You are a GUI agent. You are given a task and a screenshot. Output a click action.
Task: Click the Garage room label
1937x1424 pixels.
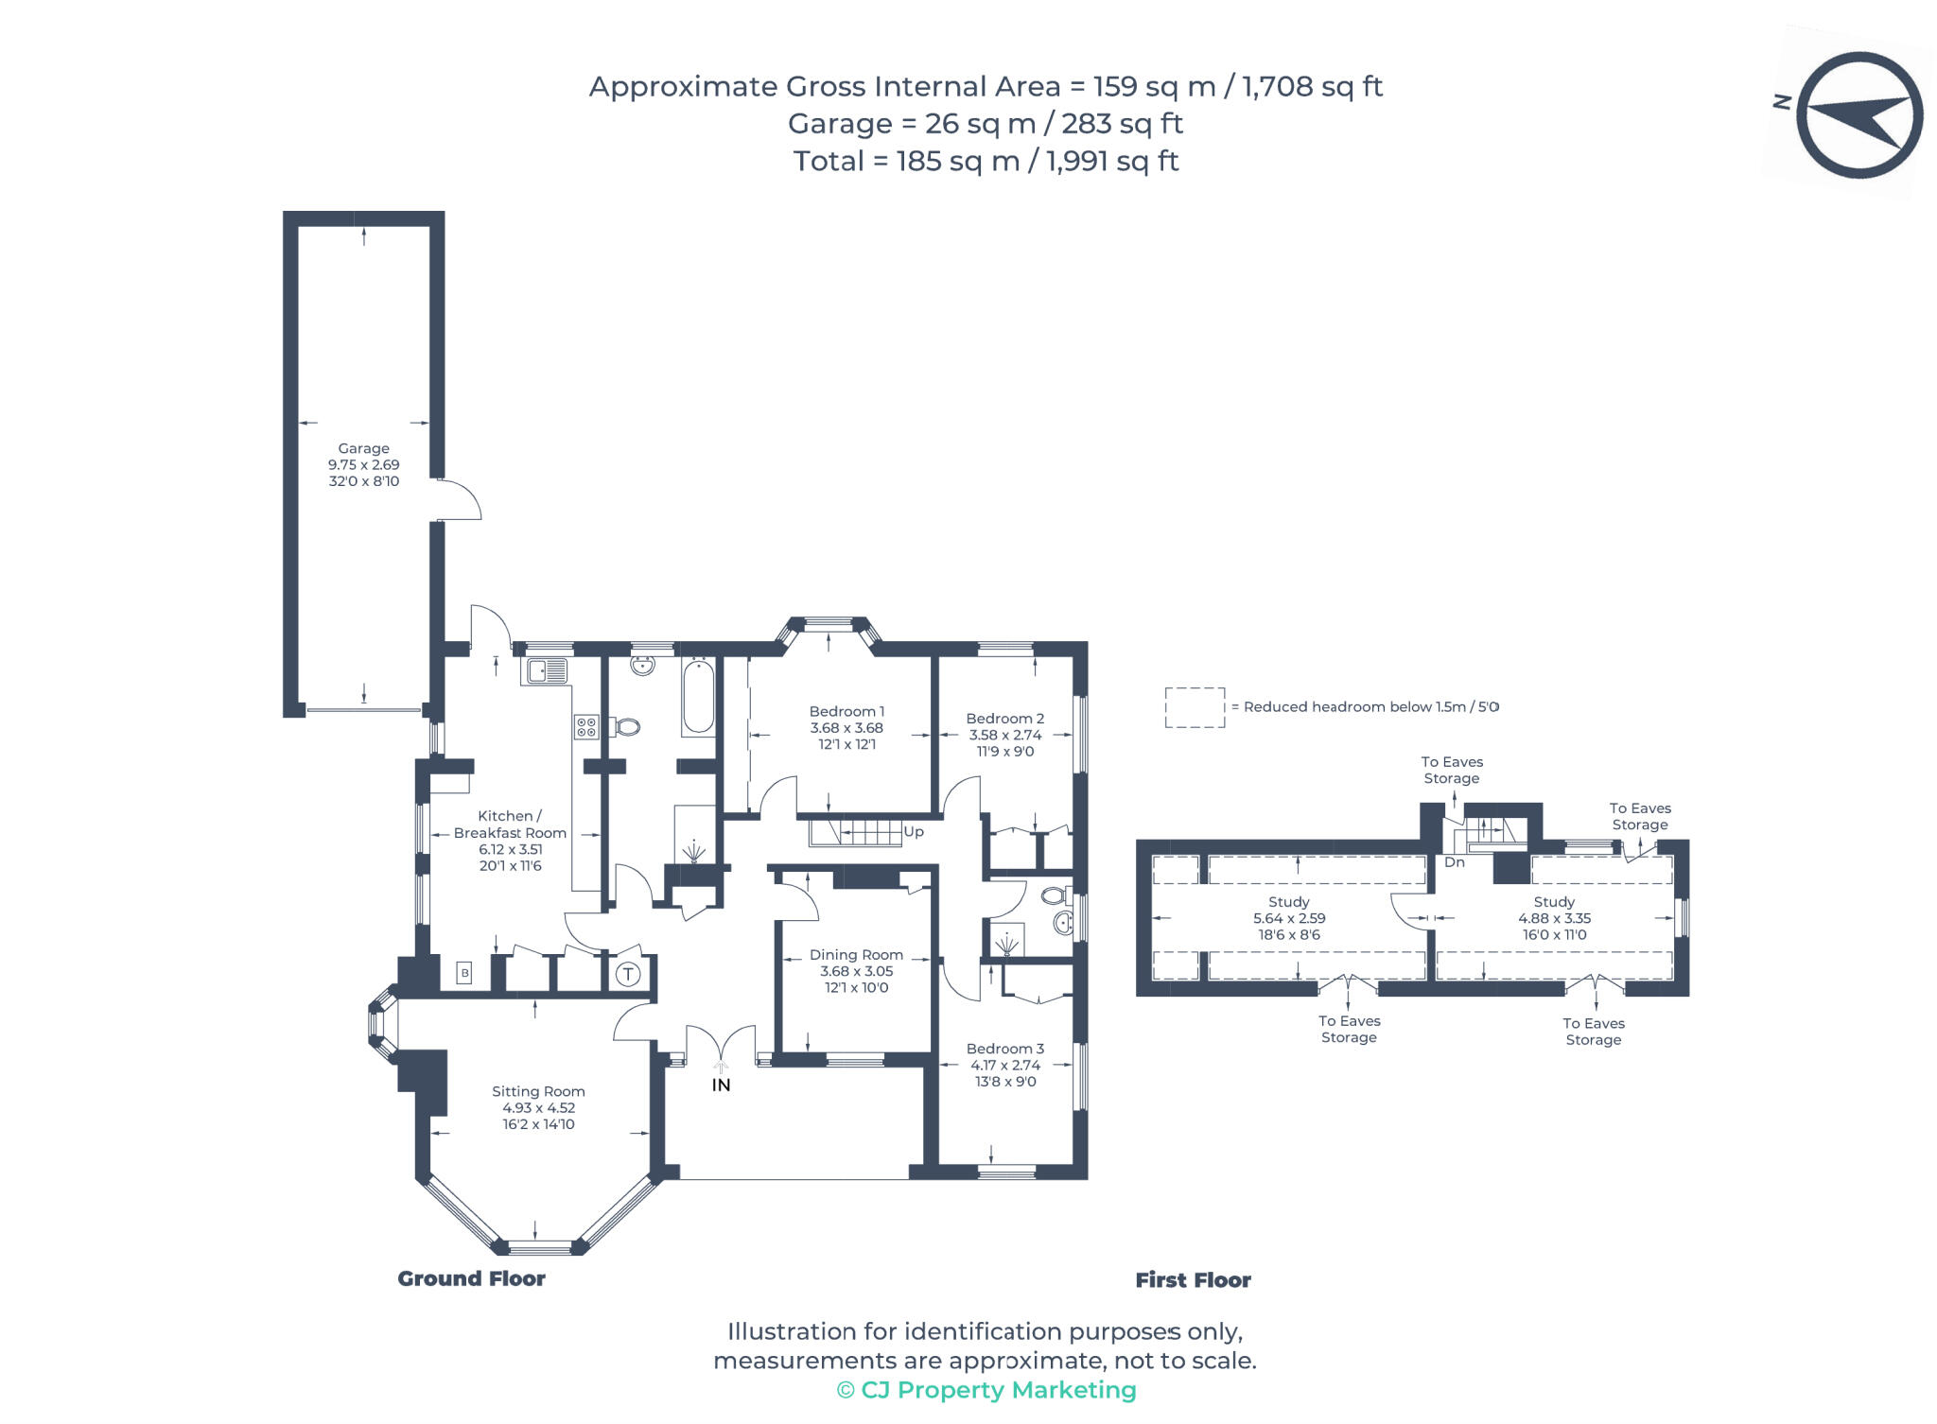pyautogui.click(x=363, y=448)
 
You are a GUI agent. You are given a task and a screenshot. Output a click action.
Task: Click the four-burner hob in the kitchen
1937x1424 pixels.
pyautogui.click(x=585, y=727)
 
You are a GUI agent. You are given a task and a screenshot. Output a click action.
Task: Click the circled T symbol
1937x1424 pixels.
pyautogui.click(x=628, y=974)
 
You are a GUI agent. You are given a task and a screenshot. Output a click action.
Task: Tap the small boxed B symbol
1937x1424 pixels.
pyautogui.click(x=463, y=972)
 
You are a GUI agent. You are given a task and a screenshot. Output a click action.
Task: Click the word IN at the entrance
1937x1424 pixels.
pyautogui.click(x=721, y=1085)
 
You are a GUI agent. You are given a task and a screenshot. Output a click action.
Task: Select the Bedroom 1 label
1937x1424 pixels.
pyautogui.click(x=846, y=711)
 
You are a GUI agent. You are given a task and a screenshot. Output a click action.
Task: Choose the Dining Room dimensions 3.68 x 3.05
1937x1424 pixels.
pyautogui.click(x=856, y=971)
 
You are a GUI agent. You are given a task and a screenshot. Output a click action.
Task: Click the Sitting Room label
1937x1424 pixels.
pyautogui.click(x=538, y=1091)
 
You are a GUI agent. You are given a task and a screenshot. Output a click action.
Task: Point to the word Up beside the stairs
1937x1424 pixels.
pyautogui.click(x=914, y=832)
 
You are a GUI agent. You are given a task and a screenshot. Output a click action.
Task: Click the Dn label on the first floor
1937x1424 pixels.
pyautogui.click(x=1454, y=862)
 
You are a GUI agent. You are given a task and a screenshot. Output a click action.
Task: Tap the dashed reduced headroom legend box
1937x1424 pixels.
pyautogui.click(x=1195, y=707)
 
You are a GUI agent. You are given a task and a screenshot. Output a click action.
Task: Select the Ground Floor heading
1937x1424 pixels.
pyautogui.click(x=471, y=1278)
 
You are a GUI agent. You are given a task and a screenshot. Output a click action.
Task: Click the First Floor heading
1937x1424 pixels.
pyautogui.click(x=1193, y=1280)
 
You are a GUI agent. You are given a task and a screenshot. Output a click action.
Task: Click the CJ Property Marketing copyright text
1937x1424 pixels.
pyautogui.click(x=986, y=1390)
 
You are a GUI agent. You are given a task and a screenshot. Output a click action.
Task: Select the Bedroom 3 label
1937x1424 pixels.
pyautogui.click(x=1004, y=1049)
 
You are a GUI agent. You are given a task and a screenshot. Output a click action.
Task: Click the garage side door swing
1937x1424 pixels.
pyautogui.click(x=462, y=499)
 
